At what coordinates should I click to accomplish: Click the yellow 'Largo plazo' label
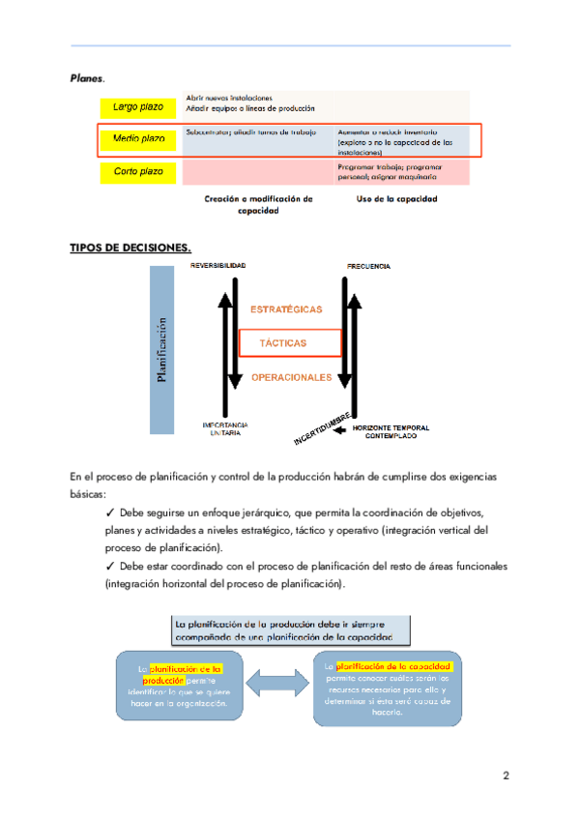point(138,106)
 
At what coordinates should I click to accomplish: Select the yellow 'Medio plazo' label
point(138,139)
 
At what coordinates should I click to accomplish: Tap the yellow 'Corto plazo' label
point(138,172)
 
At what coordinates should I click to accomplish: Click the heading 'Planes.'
point(88,76)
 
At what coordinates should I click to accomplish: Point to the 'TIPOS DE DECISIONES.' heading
point(130,248)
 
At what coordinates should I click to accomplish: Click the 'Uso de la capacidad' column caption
point(397,199)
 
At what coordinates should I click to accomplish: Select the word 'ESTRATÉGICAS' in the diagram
point(286,309)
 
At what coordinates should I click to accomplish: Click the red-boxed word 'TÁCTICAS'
point(283,343)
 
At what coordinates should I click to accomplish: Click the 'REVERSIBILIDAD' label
point(218,265)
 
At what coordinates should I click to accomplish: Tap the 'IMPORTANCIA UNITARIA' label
point(225,429)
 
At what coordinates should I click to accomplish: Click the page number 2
point(506,776)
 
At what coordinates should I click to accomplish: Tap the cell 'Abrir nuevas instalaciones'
point(229,98)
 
